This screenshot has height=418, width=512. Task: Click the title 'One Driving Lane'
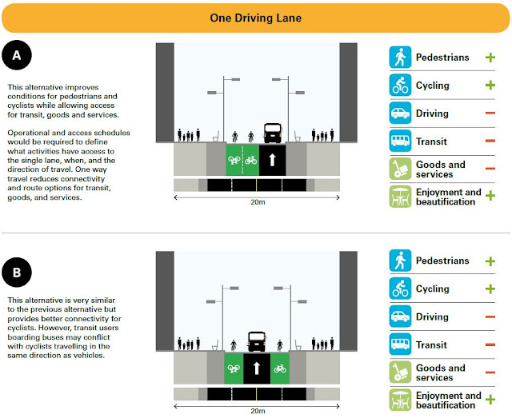click(256, 17)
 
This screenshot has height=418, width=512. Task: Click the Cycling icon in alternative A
click(399, 86)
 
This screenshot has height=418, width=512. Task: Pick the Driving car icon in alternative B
click(399, 317)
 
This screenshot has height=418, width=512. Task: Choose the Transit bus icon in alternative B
click(399, 345)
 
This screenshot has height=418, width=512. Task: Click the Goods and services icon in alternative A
click(399, 169)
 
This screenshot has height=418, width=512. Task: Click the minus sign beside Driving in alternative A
click(490, 114)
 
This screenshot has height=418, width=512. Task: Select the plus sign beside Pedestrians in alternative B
click(490, 261)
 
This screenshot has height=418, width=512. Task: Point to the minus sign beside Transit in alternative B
click(490, 345)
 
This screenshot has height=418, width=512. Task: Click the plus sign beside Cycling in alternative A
click(490, 86)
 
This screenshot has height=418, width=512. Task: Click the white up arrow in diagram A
click(272, 159)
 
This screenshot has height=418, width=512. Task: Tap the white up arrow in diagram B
click(257, 369)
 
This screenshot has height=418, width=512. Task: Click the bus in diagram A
click(272, 133)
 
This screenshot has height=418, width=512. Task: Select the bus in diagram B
click(257, 342)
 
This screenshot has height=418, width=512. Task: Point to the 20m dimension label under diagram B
click(256, 412)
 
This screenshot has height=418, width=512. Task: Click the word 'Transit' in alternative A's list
click(433, 141)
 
